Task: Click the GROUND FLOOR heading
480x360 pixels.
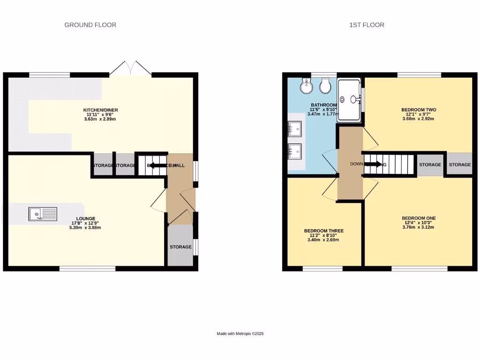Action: coord(90,25)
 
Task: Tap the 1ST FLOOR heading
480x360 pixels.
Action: coord(367,25)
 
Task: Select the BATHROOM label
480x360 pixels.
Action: coord(323,105)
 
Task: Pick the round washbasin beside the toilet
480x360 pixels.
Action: coord(307,85)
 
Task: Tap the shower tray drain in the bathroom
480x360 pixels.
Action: coord(342,99)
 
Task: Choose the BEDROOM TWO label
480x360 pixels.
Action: coord(419,110)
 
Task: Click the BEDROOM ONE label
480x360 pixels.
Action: coord(419,218)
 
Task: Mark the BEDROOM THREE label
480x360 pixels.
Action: coord(323,231)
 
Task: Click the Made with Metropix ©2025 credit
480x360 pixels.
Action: coord(240,334)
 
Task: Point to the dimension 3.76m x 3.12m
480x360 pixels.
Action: coord(419,227)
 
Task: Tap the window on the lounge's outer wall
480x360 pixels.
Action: coord(87,269)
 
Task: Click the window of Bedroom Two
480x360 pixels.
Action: coord(419,75)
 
